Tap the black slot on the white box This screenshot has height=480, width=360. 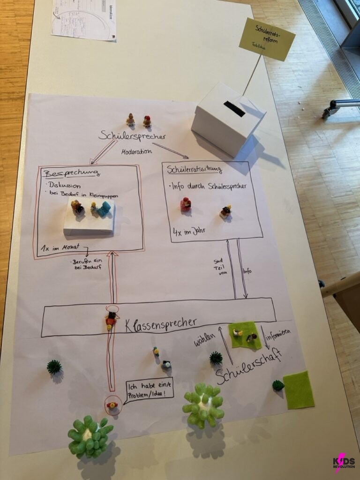tap(234, 109)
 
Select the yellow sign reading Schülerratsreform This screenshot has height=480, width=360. tap(267, 39)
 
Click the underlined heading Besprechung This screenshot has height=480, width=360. tap(71, 173)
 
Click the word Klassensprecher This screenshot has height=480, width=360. tap(160, 323)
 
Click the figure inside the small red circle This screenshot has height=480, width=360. tap(112, 405)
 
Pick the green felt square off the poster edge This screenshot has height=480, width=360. tap(298, 390)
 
